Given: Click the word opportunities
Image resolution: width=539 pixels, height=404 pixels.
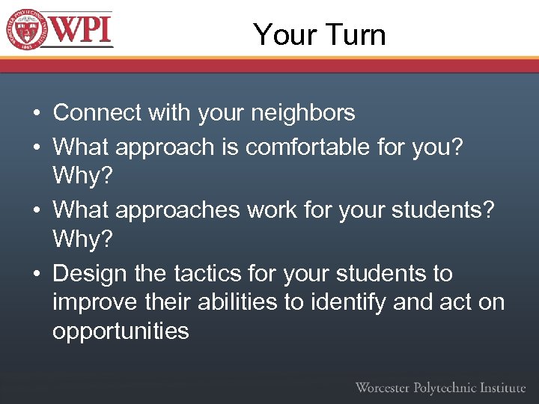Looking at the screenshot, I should click(121, 331).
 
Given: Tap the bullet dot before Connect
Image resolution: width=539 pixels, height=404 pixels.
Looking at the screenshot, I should click(36, 114).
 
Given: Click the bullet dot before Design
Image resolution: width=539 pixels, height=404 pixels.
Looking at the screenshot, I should click(36, 275).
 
